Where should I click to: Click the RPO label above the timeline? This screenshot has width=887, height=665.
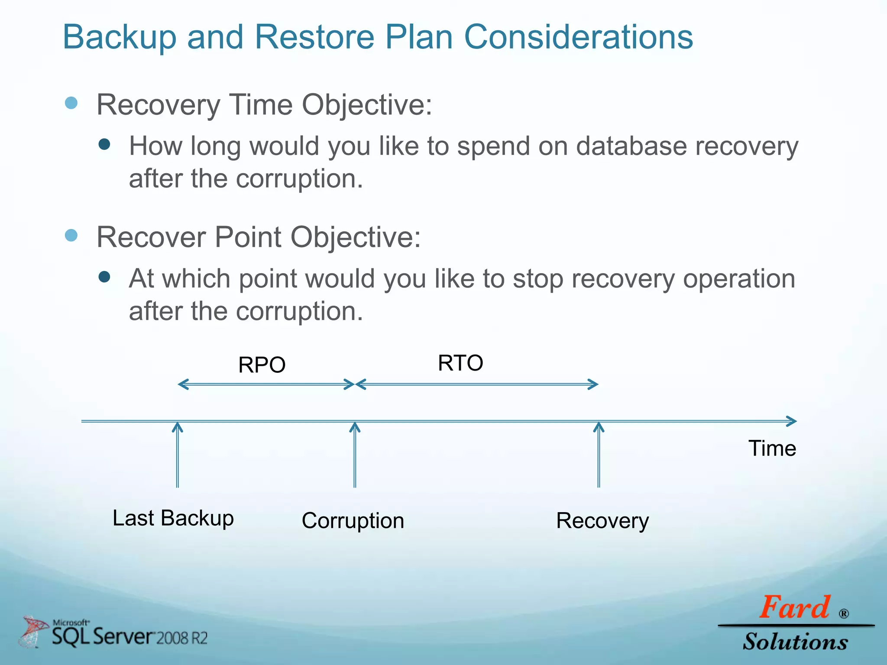[262, 365]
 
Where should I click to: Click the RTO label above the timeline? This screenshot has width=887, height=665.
[460, 363]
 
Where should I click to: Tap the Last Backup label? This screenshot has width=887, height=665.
[173, 518]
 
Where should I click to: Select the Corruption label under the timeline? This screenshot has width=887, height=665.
[353, 521]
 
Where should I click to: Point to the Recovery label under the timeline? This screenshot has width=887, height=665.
[602, 521]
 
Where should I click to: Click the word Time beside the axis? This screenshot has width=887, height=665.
[772, 449]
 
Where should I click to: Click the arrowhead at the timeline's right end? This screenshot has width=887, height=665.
[792, 421]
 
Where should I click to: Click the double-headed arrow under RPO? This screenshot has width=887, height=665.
[266, 384]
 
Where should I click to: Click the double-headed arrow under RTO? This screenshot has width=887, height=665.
[476, 384]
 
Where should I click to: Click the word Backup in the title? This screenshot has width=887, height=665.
[120, 37]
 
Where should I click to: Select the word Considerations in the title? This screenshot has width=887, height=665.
[578, 37]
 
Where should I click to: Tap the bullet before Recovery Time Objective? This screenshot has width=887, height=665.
[71, 103]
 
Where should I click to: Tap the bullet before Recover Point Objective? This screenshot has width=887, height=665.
[71, 236]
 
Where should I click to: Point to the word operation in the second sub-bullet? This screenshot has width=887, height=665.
[739, 279]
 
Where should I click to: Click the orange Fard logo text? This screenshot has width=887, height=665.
[795, 607]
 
